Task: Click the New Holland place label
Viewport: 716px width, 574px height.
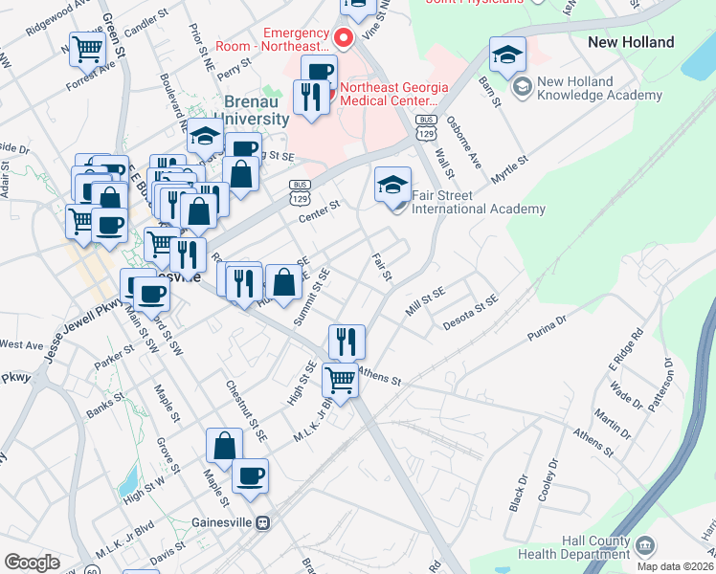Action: click(x=631, y=42)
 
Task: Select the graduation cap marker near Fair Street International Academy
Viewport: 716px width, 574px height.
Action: click(x=392, y=186)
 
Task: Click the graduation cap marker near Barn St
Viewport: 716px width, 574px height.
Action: click(x=507, y=55)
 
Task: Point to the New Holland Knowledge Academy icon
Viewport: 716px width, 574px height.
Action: click(x=522, y=88)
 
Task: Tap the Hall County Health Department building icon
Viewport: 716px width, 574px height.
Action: click(x=646, y=546)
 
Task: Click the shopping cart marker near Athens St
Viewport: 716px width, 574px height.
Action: click(x=340, y=381)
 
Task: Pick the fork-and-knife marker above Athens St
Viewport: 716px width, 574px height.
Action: click(x=347, y=342)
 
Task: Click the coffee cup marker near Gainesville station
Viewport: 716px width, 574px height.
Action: click(x=251, y=476)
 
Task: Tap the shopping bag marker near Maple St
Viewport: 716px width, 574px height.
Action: click(x=224, y=447)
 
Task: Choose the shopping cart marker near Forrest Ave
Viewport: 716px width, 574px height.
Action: click(x=87, y=47)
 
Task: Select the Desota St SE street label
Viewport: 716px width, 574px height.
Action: click(x=470, y=313)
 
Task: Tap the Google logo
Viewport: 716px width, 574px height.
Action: click(x=32, y=563)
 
